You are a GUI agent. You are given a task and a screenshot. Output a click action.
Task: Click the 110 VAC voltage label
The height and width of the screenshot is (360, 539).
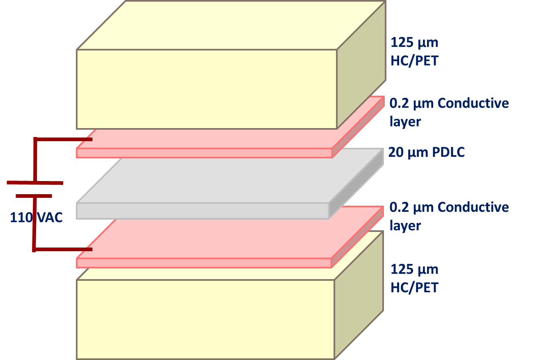pyautogui.click(x=36, y=217)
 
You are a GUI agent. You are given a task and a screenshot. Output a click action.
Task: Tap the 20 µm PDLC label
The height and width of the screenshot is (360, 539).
pyautogui.click(x=426, y=153)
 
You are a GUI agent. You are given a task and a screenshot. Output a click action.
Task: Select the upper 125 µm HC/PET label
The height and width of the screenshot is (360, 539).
pyautogui.click(x=414, y=52)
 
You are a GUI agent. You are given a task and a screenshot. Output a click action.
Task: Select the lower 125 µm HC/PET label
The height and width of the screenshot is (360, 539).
pyautogui.click(x=414, y=278)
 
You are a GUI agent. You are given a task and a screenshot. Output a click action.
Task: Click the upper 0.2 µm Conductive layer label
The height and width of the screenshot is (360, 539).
pyautogui.click(x=449, y=112)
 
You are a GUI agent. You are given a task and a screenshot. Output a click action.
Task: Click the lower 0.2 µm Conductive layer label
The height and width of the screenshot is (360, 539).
pyautogui.click(x=449, y=216)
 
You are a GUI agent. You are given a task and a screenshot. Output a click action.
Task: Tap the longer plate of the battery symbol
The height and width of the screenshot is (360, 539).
pyautogui.click(x=35, y=183)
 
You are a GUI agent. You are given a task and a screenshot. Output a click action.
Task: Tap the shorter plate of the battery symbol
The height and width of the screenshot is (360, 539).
pyautogui.click(x=34, y=196)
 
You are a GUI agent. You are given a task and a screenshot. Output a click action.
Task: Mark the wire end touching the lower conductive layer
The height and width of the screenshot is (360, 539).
pyautogui.click(x=89, y=249)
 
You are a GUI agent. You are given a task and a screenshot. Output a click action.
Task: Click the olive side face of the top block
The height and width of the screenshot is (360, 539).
pyautogui.click(x=361, y=66)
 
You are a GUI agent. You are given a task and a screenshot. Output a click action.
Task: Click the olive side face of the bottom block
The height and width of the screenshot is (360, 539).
pyautogui.click(x=359, y=296)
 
